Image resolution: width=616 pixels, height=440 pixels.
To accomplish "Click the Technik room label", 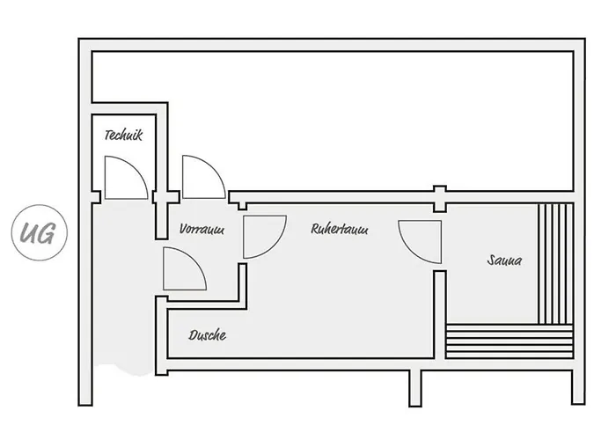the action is coord(123,135).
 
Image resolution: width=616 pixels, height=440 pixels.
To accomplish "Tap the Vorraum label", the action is coord(202,229).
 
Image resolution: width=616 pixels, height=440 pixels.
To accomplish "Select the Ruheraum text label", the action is coord(340,229).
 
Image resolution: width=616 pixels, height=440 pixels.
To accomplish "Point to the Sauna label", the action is coord(504,260).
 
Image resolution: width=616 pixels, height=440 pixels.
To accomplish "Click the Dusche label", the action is coord(208,335).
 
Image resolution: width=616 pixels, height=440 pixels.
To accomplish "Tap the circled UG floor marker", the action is coord(40,232).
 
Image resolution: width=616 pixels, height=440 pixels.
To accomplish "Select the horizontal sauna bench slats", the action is coord(510,341).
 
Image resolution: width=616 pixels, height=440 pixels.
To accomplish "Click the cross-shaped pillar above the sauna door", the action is coord(440,199).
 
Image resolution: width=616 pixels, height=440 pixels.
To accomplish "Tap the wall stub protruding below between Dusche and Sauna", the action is coord(414,387).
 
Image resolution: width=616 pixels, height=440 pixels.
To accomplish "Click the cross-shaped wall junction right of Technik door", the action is coord(166,197).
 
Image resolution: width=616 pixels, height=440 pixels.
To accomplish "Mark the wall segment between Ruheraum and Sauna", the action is coord(440,314).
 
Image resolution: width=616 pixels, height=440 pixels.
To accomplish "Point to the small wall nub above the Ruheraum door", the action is coord(242,206).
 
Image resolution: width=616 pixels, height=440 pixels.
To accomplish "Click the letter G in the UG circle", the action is coord(47,234).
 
